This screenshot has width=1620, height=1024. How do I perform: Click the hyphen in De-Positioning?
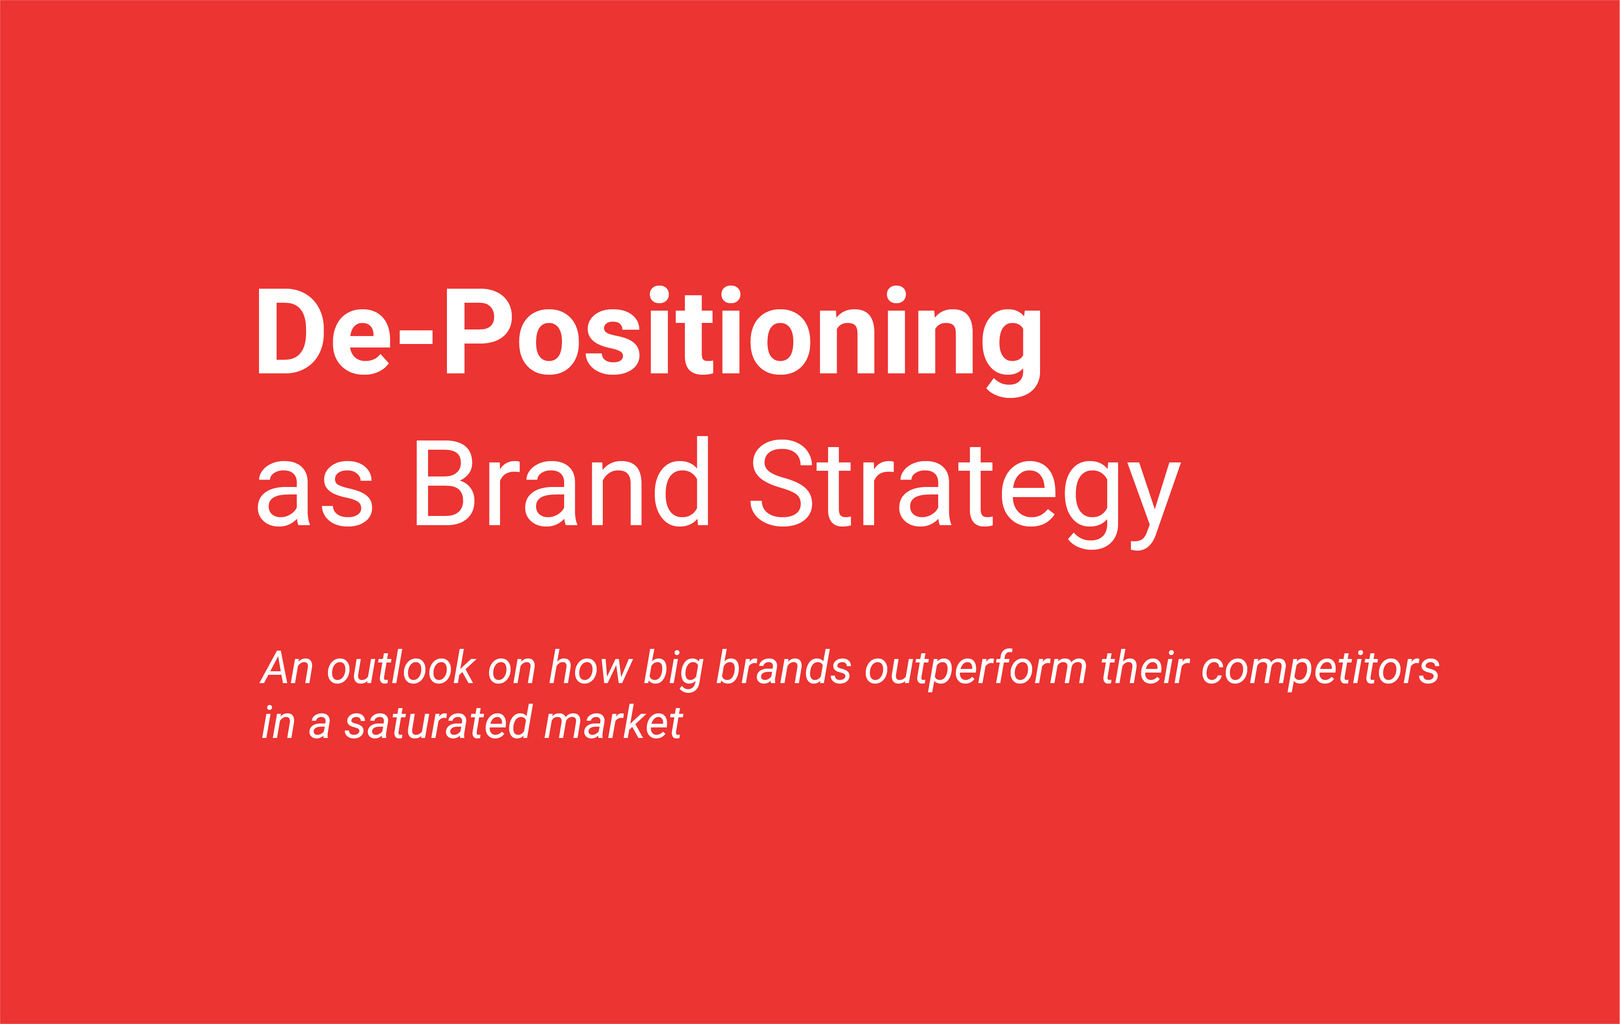click(x=416, y=337)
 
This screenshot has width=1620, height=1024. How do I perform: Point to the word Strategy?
click(x=965, y=491)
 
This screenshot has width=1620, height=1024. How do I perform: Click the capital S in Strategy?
click(x=781, y=483)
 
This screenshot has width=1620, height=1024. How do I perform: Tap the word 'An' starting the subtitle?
click(x=286, y=668)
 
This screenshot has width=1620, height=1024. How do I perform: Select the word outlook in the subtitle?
click(x=401, y=668)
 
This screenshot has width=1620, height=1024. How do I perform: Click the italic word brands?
click(x=783, y=668)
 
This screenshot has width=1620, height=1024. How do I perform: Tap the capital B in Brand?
click(x=444, y=483)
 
